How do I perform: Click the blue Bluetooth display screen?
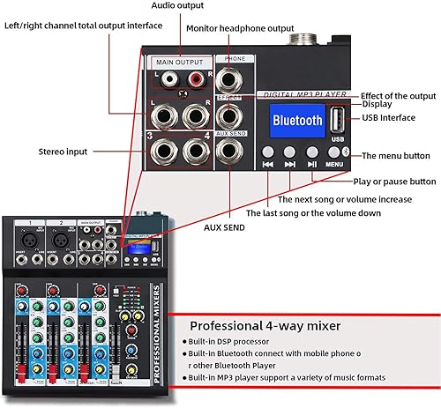click(x=299, y=122)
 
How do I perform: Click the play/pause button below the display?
click(x=311, y=162)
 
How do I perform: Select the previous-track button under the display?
click(x=267, y=162)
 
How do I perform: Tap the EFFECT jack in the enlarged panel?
click(x=230, y=115)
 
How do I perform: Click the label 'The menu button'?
click(x=399, y=156)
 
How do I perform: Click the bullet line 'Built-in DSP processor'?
click(x=235, y=340)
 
